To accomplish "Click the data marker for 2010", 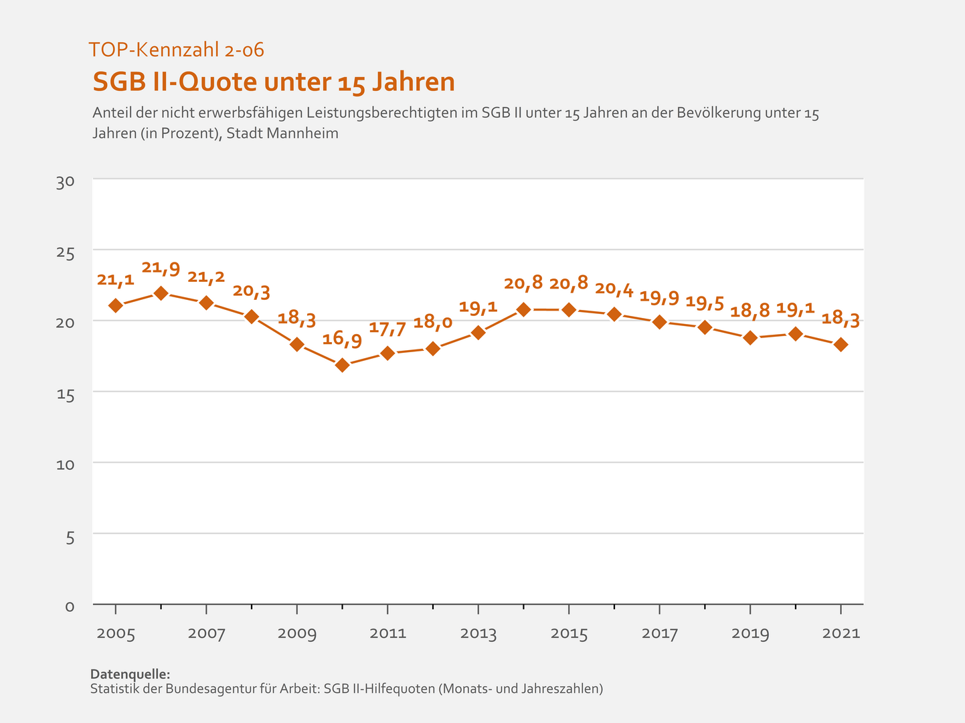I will click(x=342, y=365).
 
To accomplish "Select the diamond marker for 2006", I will click(x=161, y=293).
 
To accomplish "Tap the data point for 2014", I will click(x=523, y=309).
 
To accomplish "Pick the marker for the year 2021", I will click(x=841, y=345).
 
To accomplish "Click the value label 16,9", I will click(x=342, y=339).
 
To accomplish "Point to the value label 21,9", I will click(x=161, y=268).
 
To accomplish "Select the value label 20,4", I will click(x=614, y=289).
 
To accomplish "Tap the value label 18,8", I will click(x=750, y=311).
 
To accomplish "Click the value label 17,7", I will click(x=387, y=329).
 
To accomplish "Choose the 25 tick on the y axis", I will click(x=66, y=253).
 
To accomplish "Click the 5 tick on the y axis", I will click(x=70, y=537).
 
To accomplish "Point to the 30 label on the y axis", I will click(x=66, y=182).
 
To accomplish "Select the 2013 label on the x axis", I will click(x=478, y=633).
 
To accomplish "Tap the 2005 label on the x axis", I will click(x=116, y=633).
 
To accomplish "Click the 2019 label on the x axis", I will click(x=750, y=633).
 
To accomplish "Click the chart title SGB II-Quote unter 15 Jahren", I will click(x=274, y=82).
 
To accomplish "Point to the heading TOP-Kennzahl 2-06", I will click(x=176, y=49).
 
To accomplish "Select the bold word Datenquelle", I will click(x=130, y=673).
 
